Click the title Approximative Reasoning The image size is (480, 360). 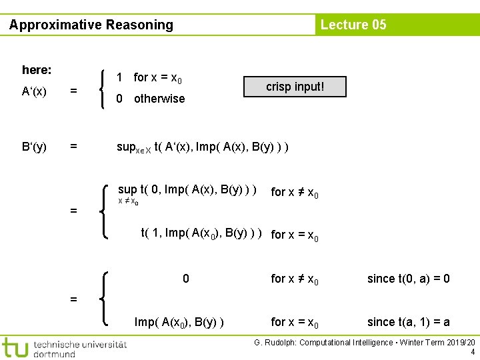[x=91, y=25]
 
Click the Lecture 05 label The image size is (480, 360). [x=353, y=25]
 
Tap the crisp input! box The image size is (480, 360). [x=295, y=87]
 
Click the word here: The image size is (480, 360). [x=37, y=70]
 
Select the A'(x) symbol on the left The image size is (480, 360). [x=34, y=92]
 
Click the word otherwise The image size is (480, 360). [x=159, y=99]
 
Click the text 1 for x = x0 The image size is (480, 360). [x=149, y=78]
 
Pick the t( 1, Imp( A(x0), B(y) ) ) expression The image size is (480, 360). [x=201, y=233]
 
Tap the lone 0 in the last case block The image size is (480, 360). [x=186, y=279]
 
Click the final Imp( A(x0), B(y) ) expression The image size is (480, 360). [x=179, y=323]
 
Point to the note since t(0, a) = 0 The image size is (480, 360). [x=409, y=279]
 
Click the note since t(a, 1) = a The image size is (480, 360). [x=409, y=323]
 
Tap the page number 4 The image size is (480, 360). [x=473, y=352]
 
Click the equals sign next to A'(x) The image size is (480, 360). [x=74, y=92]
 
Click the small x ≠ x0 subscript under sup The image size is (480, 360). [x=129, y=201]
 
